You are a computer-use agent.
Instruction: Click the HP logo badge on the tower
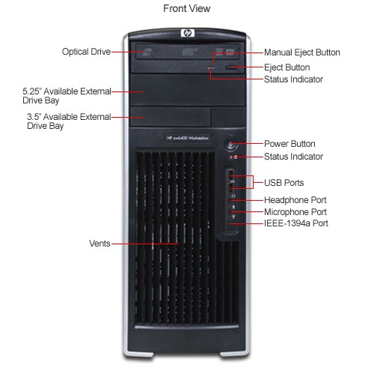click(188, 33)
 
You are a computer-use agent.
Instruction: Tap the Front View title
click(187, 8)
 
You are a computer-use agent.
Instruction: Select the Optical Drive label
click(86, 52)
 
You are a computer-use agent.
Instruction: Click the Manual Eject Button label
click(302, 52)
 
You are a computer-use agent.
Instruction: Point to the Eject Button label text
click(287, 67)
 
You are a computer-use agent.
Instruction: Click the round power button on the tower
click(231, 144)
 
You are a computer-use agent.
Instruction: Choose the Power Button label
click(289, 144)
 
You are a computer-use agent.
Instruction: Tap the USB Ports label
click(284, 183)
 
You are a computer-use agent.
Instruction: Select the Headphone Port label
click(295, 200)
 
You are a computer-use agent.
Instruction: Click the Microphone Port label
click(295, 212)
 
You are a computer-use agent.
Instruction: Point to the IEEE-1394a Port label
click(296, 223)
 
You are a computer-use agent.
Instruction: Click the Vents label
click(99, 244)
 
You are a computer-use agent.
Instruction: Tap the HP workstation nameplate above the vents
click(188, 138)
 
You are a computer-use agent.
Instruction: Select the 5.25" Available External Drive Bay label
click(67, 96)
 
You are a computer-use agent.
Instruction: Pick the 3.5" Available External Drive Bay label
click(69, 121)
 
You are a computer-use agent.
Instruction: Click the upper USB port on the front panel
click(231, 174)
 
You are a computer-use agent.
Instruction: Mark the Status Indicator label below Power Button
click(293, 157)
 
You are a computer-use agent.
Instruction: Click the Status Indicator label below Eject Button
click(293, 79)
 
